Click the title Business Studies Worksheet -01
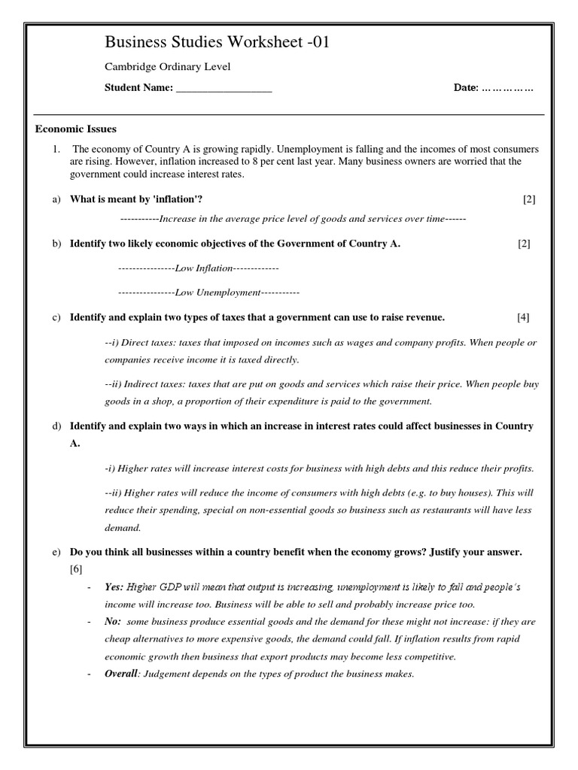[x=217, y=43]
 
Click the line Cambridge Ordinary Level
[x=167, y=67]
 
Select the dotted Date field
[x=507, y=88]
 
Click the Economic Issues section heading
[x=76, y=129]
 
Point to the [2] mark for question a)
[x=529, y=199]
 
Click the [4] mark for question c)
[x=523, y=317]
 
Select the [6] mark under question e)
[x=76, y=568]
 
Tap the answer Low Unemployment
[x=218, y=292]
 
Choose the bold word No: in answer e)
[x=114, y=622]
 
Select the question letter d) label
[x=56, y=426]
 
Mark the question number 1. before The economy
[x=56, y=149]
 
